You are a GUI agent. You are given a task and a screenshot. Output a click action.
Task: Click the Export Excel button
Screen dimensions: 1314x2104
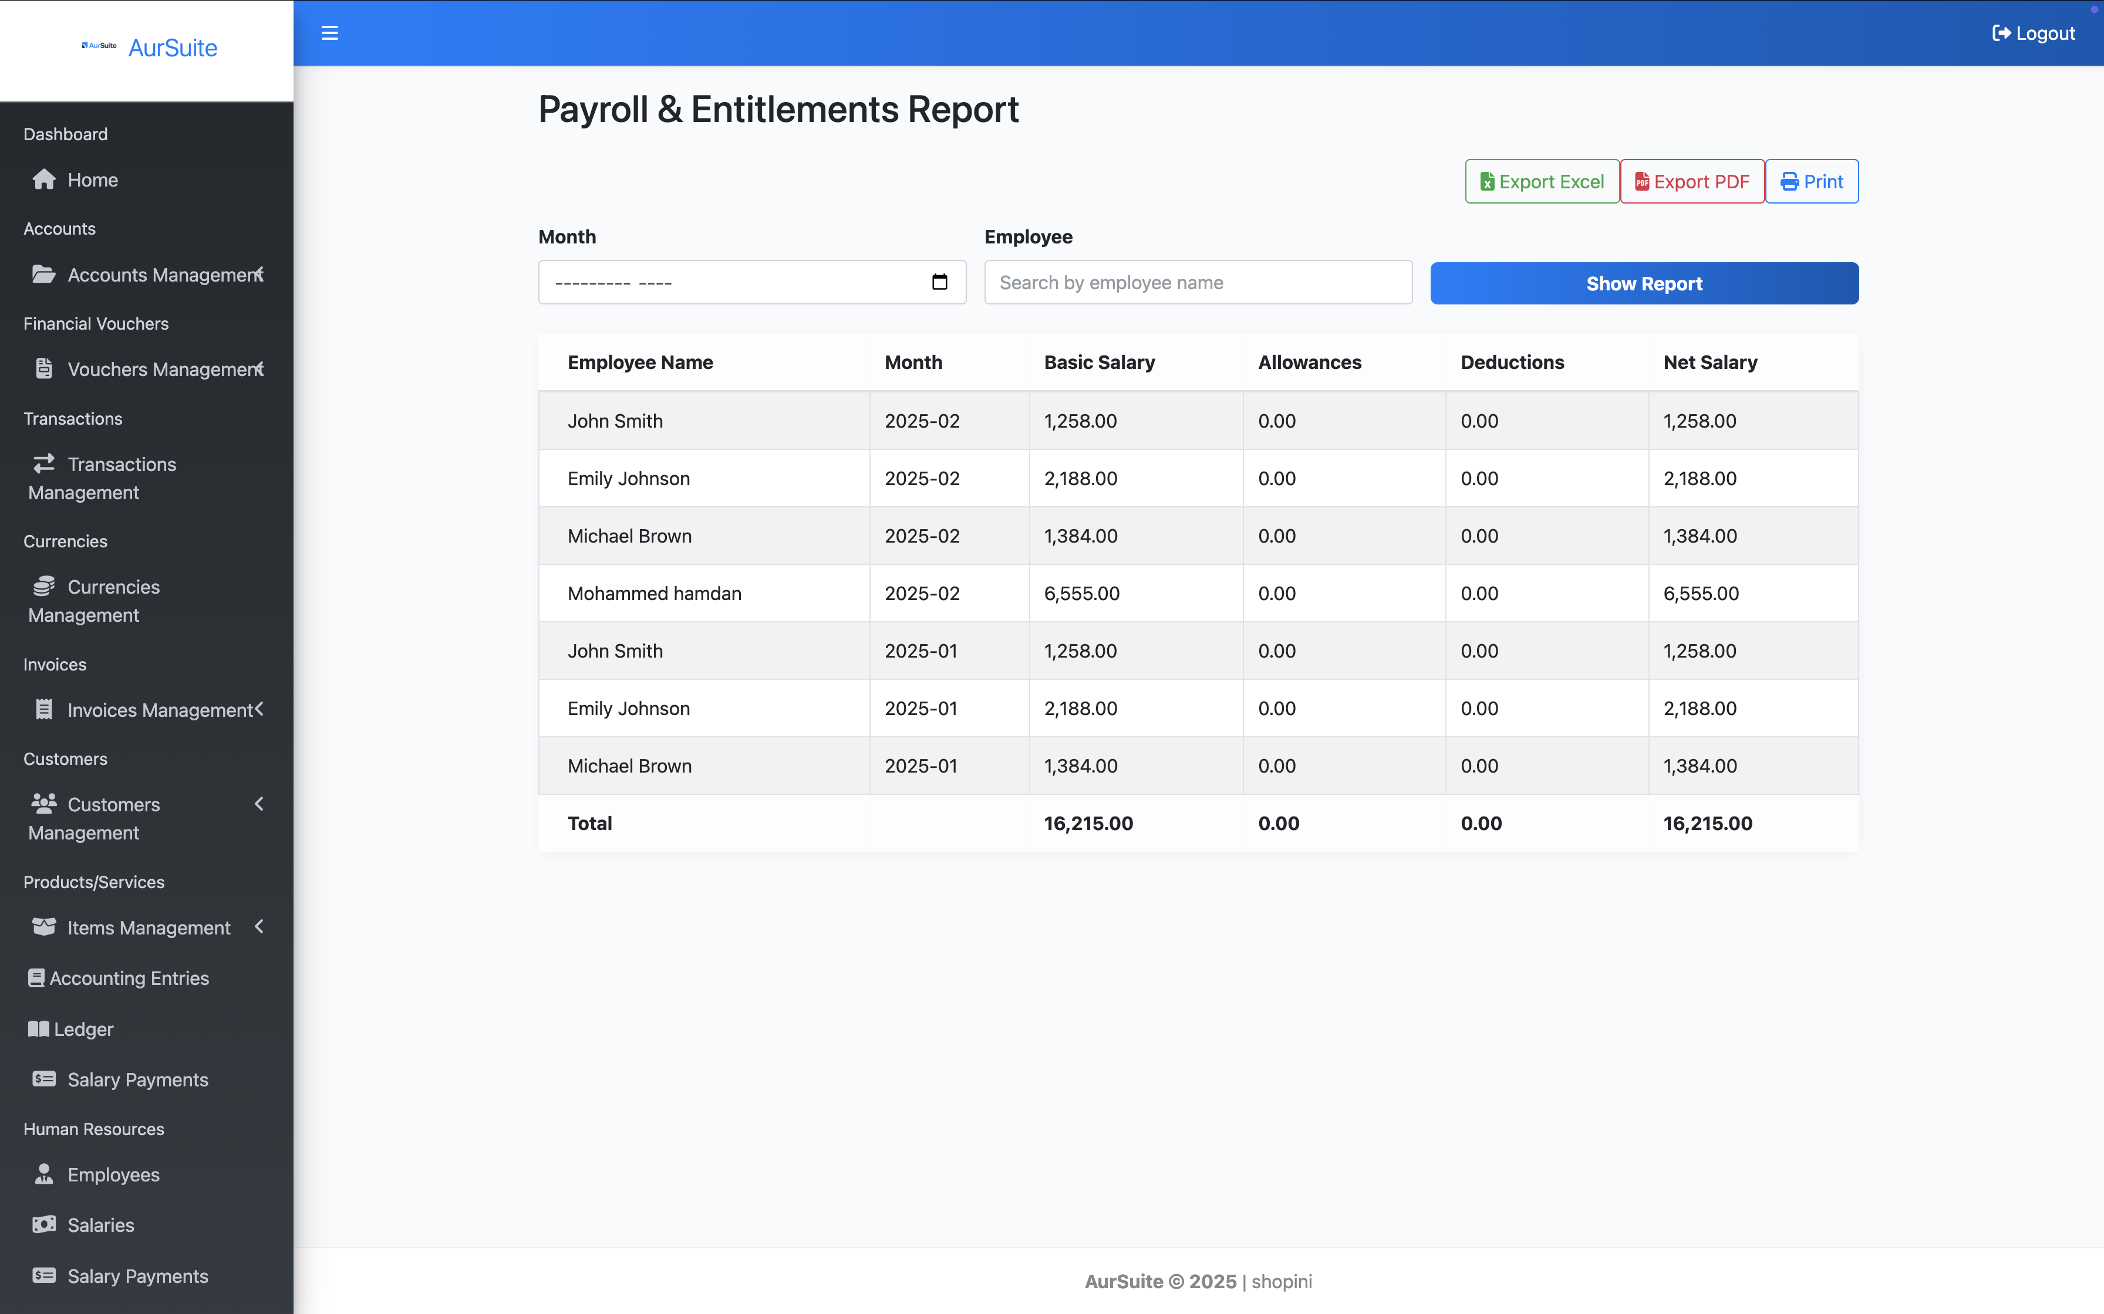pyautogui.click(x=1542, y=182)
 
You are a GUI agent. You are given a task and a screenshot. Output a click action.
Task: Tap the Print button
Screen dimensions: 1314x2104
pyautogui.click(x=1811, y=182)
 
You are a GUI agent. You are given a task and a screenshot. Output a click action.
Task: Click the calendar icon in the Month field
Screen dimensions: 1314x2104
pyautogui.click(x=939, y=282)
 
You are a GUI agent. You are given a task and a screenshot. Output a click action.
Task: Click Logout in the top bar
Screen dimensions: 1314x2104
pyautogui.click(x=2033, y=33)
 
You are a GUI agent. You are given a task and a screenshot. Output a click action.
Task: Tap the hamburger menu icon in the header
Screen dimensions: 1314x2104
pyautogui.click(x=329, y=33)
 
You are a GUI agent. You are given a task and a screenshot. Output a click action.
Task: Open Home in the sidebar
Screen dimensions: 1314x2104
pyautogui.click(x=92, y=180)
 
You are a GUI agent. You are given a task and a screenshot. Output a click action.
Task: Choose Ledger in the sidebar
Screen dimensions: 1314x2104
pyautogui.click(x=83, y=1029)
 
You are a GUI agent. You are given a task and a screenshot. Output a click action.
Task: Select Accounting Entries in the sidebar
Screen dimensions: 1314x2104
pyautogui.click(x=129, y=978)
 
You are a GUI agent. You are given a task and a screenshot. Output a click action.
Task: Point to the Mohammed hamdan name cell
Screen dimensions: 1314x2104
pyautogui.click(x=654, y=594)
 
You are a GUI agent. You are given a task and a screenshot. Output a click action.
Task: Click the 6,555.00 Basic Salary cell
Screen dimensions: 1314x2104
pyautogui.click(x=1081, y=594)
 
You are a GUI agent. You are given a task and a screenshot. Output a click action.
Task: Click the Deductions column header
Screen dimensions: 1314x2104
pyautogui.click(x=1512, y=363)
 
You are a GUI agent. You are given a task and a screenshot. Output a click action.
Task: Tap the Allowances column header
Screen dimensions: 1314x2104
pyautogui.click(x=1309, y=363)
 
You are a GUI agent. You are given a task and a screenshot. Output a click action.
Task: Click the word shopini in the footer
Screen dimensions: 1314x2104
pyautogui.click(x=1282, y=1281)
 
